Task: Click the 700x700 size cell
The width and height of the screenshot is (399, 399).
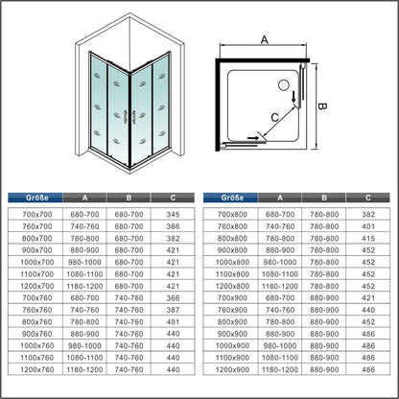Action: pyautogui.click(x=37, y=214)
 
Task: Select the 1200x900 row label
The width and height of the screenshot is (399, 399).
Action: pyautogui.click(x=232, y=369)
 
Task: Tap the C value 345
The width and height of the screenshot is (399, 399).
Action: pyautogui.click(x=173, y=214)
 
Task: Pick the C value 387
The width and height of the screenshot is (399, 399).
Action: pyautogui.click(x=173, y=310)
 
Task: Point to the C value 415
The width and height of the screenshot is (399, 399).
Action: pyautogui.click(x=368, y=238)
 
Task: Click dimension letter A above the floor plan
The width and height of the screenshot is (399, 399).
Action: pyautogui.click(x=264, y=40)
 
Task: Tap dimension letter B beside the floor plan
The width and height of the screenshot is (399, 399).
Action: pyautogui.click(x=322, y=106)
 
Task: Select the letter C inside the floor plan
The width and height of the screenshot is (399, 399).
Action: pyautogui.click(x=275, y=118)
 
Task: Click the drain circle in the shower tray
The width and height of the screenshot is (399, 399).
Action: pyautogui.click(x=284, y=85)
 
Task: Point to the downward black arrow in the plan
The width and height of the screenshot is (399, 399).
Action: pyautogui.click(x=293, y=97)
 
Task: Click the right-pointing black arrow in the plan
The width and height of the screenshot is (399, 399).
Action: pyautogui.click(x=253, y=138)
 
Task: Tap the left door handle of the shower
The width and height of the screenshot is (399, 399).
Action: pyautogui.click(x=125, y=117)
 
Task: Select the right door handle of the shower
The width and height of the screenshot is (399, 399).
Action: pyautogui.click(x=134, y=117)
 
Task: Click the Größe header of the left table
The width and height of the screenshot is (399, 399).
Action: pyautogui.click(x=37, y=198)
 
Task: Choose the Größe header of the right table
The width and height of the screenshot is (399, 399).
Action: pyautogui.click(x=232, y=198)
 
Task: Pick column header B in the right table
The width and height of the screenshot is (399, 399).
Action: pyautogui.click(x=324, y=198)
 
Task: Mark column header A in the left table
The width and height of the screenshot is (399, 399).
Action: pyautogui.click(x=84, y=198)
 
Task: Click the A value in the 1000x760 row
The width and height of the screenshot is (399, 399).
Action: pyautogui.click(x=84, y=345)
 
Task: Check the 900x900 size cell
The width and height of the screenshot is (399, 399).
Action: pyautogui.click(x=232, y=334)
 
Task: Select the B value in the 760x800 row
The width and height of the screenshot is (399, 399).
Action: pyautogui.click(x=324, y=226)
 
